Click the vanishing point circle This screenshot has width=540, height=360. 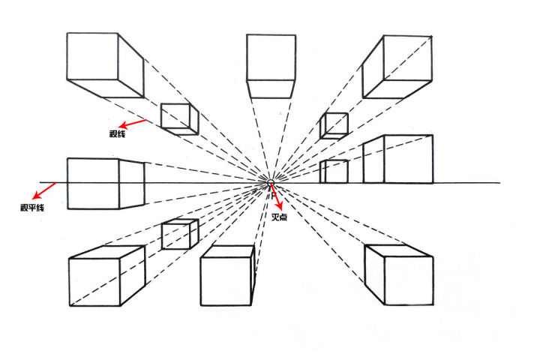click(x=271, y=183)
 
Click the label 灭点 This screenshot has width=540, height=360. click(x=280, y=217)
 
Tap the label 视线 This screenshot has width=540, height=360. click(x=117, y=133)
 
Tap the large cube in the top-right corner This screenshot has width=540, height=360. click(x=398, y=66)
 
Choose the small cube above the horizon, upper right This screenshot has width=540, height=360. click(x=334, y=124)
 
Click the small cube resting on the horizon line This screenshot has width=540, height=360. click(x=334, y=172)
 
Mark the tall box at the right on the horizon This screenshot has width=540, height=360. click(x=397, y=159)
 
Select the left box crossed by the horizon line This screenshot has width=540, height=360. click(x=105, y=183)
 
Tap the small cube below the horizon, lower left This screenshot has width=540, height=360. click(x=179, y=234)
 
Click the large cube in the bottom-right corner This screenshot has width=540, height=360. click(x=398, y=274)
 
